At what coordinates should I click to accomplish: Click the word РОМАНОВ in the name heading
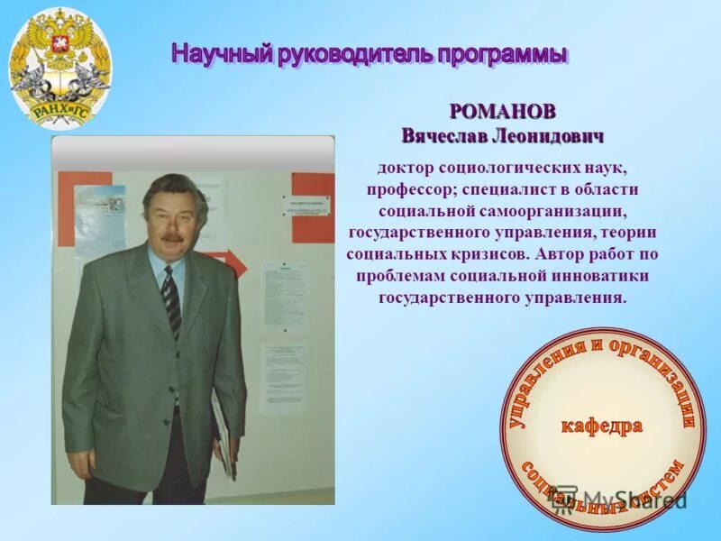click(502, 113)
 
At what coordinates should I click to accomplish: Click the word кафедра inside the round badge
click(603, 425)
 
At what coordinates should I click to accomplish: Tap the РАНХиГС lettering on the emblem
click(60, 111)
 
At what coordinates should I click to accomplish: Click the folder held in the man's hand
click(223, 433)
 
